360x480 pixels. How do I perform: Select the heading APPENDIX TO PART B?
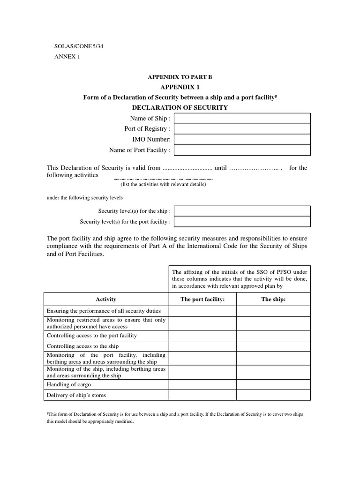coord(180,77)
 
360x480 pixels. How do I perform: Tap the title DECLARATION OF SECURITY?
coord(180,107)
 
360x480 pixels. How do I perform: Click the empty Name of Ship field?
coord(242,118)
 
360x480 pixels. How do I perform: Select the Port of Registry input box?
coord(242,129)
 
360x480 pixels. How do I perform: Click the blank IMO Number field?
coord(242,139)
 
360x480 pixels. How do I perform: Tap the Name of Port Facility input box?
coord(242,150)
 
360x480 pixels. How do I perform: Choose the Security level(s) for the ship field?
coord(242,211)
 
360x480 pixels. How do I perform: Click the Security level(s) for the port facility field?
coord(242,222)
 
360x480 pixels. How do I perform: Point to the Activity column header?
coord(106,299)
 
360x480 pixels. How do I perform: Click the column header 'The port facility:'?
coord(202,299)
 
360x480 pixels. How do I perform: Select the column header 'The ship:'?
coord(273,299)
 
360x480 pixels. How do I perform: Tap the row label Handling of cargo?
coord(69,384)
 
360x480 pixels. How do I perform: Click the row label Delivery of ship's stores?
coord(76,395)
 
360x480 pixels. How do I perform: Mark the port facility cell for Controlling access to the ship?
coord(202,346)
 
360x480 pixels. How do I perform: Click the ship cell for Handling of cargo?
coord(273,384)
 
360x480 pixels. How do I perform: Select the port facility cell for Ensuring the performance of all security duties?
coord(202,311)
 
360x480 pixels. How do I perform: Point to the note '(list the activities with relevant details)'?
coord(163,184)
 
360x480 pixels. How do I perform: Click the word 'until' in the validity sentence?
coord(220,168)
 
